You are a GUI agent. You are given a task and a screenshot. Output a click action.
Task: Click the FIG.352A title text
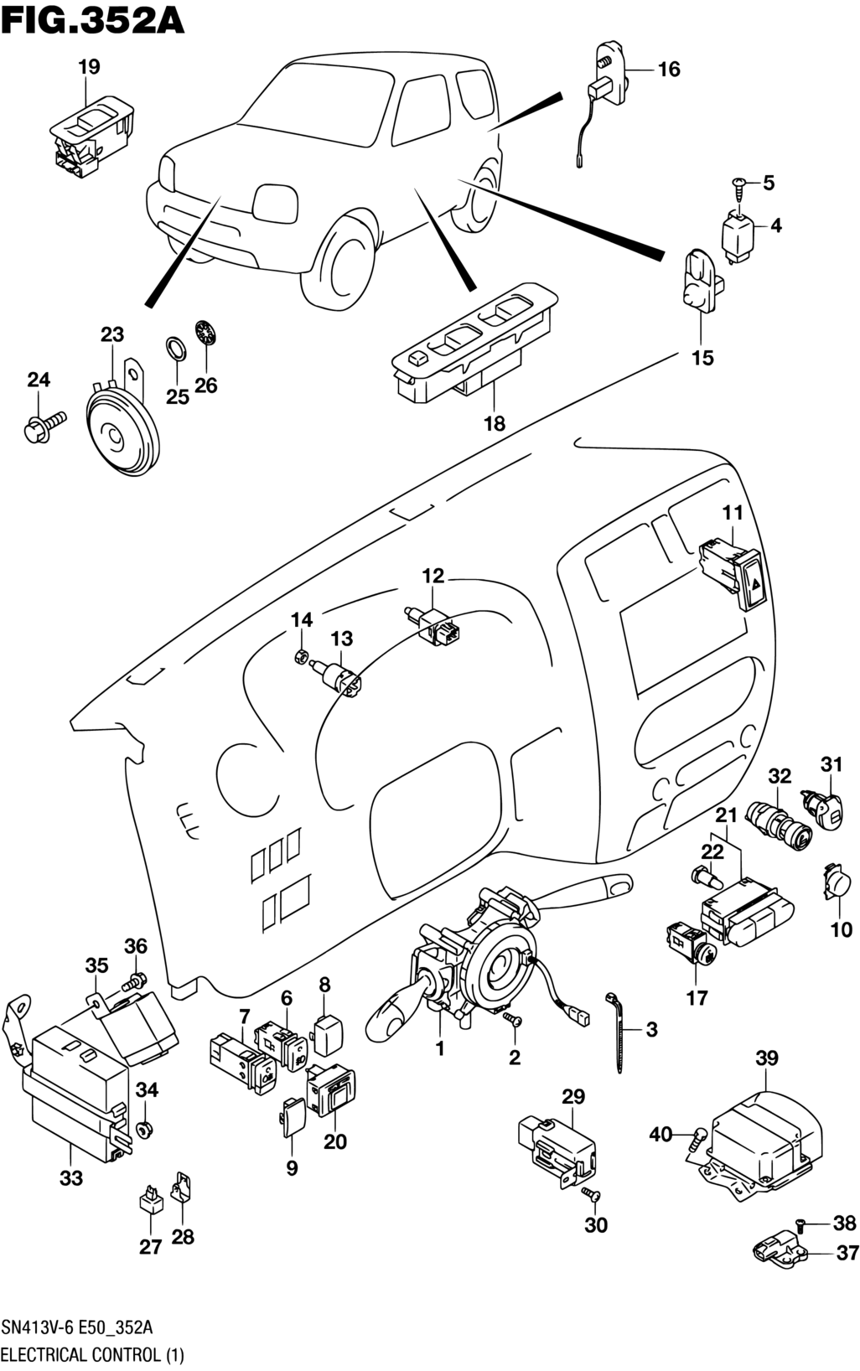tap(93, 20)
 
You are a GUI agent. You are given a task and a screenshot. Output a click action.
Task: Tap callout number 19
tap(89, 67)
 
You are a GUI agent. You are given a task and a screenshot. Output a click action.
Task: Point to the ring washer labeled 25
tap(175, 348)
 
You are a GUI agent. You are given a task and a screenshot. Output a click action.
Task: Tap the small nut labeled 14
tap(302, 655)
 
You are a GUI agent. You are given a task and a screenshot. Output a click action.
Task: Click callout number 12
tap(433, 576)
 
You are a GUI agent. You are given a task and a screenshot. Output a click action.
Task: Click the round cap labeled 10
tap(837, 883)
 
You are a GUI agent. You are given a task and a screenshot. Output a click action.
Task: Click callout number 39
tap(767, 1058)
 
